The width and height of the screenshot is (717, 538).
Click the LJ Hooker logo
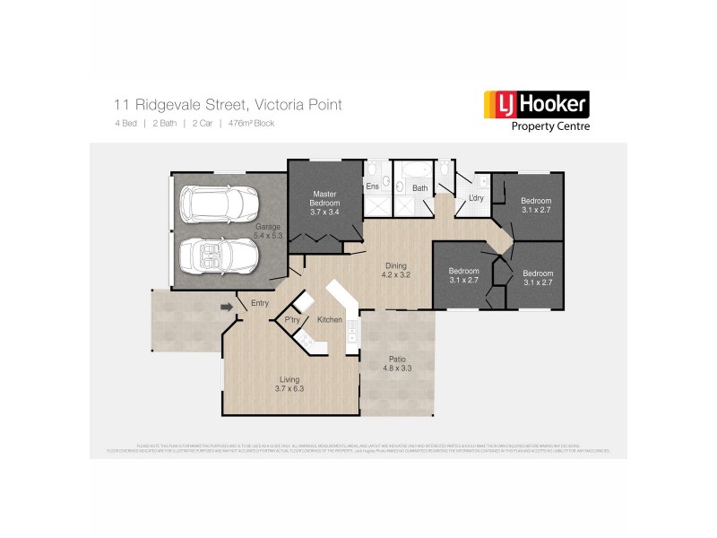tap(536, 106)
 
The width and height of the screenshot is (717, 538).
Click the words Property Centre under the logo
tap(549, 126)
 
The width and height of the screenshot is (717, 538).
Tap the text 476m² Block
tap(251, 123)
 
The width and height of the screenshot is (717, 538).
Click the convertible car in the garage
tap(218, 255)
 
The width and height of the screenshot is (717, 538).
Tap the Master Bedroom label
tap(324, 203)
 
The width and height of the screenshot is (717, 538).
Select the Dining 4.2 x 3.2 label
tap(396, 270)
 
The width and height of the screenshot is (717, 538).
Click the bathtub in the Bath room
tap(415, 171)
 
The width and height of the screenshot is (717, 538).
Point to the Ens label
tap(372, 187)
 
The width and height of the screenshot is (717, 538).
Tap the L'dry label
tap(476, 197)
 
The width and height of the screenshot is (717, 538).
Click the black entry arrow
tap(228, 308)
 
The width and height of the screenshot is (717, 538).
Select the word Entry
tap(260, 303)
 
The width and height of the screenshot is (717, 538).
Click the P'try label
tap(291, 320)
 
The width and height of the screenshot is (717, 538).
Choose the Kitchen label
tap(329, 320)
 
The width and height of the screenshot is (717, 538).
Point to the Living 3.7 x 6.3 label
tap(289, 385)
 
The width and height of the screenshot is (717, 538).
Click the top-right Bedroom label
tap(537, 204)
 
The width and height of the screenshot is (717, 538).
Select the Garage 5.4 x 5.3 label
tap(269, 231)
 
